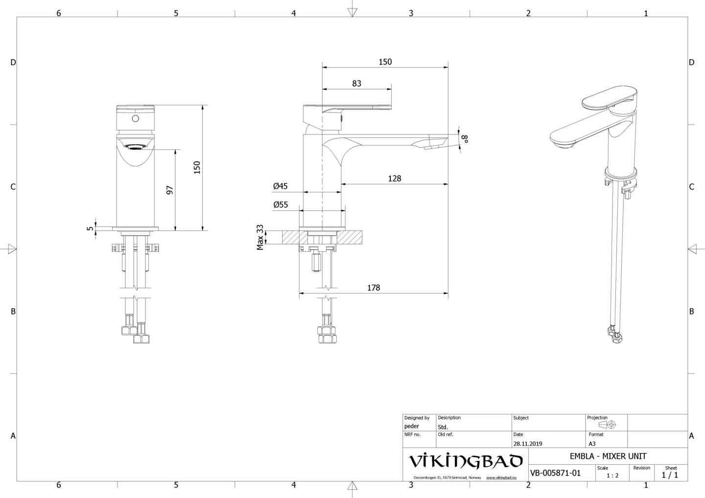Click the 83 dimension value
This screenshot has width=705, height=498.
356,84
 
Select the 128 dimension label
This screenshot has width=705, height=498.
394,179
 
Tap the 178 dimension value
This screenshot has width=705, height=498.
374,288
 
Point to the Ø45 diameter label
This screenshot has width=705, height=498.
281,186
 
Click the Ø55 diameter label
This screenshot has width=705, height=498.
281,205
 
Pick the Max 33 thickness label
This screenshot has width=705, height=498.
260,237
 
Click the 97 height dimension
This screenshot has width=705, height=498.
170,190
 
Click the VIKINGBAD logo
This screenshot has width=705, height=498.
465,461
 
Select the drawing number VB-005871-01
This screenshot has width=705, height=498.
555,473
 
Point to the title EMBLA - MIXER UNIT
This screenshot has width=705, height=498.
608,456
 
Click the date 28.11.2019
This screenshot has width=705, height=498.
527,444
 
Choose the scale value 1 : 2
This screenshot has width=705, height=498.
612,475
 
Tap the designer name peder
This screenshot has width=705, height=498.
412,426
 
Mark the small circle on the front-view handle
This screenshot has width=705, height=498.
136,118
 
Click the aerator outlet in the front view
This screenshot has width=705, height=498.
136,146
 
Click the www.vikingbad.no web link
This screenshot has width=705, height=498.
501,477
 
